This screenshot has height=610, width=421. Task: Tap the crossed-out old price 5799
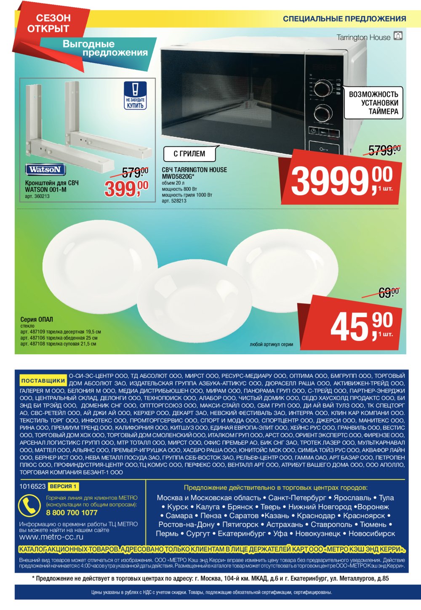(x=384, y=150)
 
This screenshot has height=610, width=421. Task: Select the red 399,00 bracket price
(x=126, y=188)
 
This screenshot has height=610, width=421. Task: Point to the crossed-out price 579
(x=135, y=172)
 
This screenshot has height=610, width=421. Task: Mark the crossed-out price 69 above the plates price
(x=389, y=292)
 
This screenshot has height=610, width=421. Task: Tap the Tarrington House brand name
(x=363, y=37)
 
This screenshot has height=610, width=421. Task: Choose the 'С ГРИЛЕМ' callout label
(x=189, y=154)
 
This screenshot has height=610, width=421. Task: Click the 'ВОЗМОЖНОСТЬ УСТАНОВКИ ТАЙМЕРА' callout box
(x=373, y=103)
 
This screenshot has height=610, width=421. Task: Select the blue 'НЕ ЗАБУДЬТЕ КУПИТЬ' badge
(x=135, y=95)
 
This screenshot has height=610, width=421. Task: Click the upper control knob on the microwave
(x=322, y=88)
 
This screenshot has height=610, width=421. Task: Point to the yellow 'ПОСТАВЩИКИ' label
(x=43, y=380)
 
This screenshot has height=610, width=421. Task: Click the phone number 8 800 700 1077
(x=72, y=512)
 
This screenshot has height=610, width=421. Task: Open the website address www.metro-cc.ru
(x=51, y=537)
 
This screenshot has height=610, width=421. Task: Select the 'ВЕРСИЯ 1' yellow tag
(x=63, y=486)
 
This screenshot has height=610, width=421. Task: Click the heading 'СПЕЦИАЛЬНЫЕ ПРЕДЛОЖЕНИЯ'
(x=344, y=19)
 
